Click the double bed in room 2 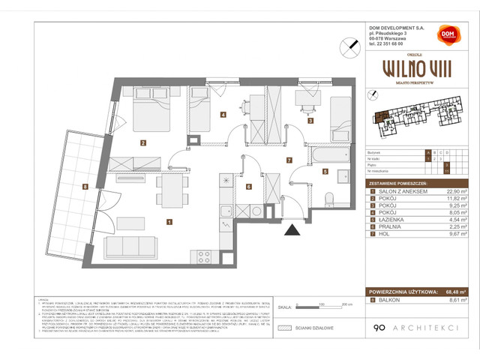[x=148, y=114]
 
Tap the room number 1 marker [x=170, y=221]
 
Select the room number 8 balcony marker [x=86, y=186]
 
